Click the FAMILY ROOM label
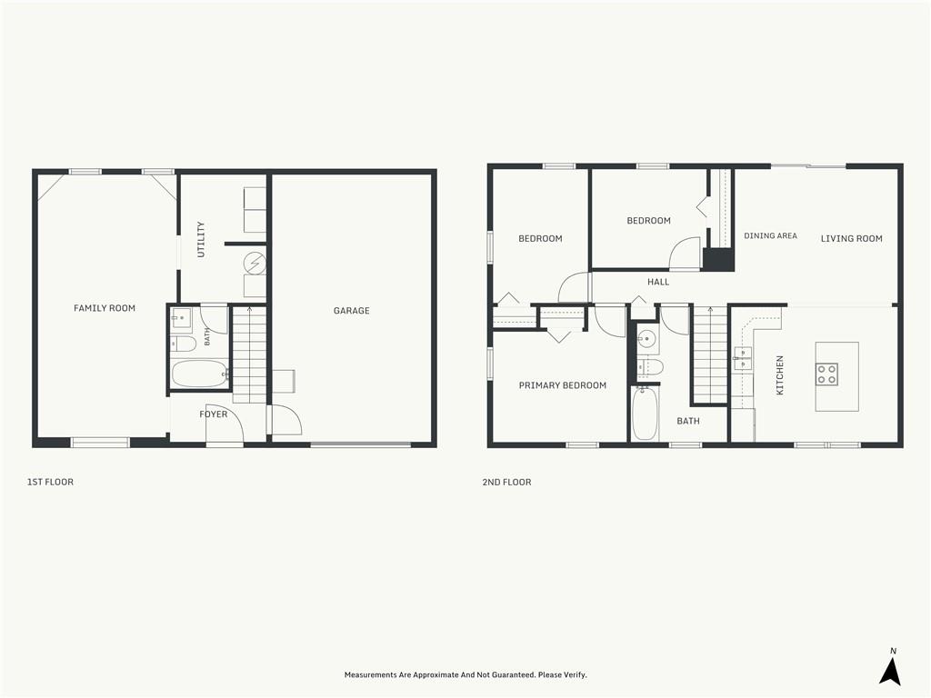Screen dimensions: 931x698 pos(105,308)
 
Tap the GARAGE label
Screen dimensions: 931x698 pos(352,311)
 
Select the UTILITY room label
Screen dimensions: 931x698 pos(201,239)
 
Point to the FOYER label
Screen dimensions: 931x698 pos(213,414)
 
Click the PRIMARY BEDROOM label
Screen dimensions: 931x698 pos(563,385)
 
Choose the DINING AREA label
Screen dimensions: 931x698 pos(771,235)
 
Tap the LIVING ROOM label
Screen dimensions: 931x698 pos(851,239)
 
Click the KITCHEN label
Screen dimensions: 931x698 pos(780,375)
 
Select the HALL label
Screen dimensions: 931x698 pos(658,282)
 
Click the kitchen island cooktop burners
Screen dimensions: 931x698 pos(827,374)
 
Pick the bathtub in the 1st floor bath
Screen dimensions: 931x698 pos(199,374)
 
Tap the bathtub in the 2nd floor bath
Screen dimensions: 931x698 pos(645,414)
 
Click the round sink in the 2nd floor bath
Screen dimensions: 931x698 pos(646,340)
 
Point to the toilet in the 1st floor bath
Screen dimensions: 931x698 pos(184,344)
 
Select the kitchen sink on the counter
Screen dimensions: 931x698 pos(742,358)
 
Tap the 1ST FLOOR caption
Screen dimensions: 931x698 pos(51,482)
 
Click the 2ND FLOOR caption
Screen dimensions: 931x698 pos(507,482)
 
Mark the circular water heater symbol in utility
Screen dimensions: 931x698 pos(255,263)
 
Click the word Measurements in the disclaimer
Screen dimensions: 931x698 pos(370,675)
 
